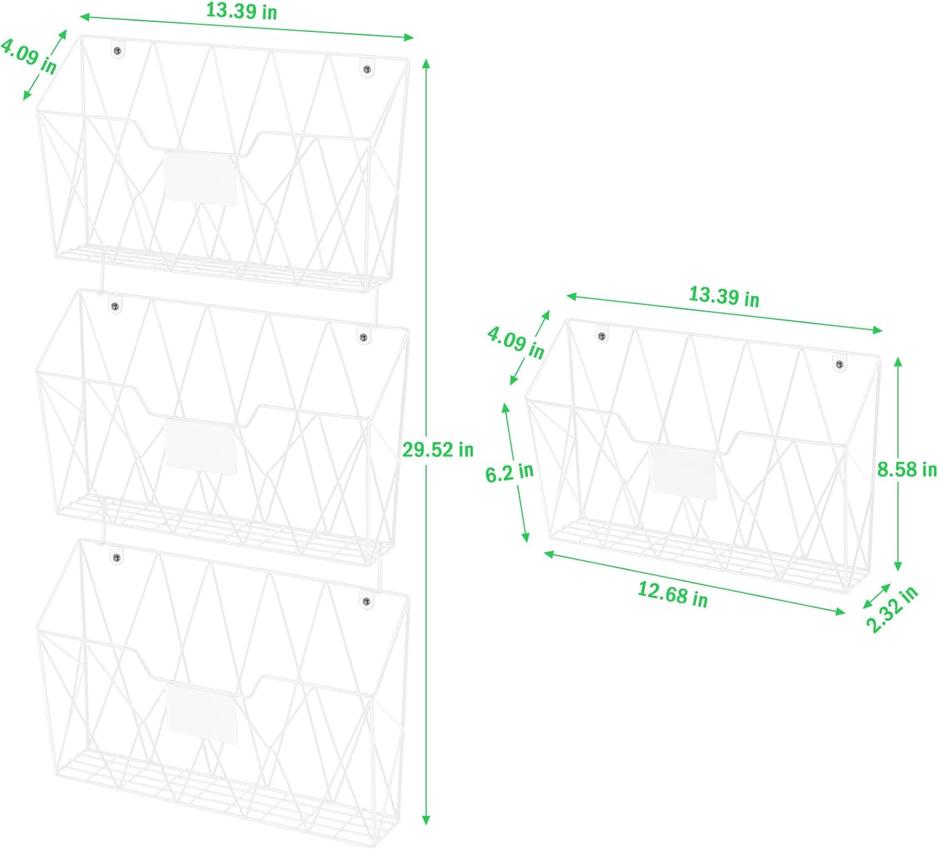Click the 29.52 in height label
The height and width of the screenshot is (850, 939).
(x=438, y=450)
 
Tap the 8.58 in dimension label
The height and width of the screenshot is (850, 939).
(x=906, y=469)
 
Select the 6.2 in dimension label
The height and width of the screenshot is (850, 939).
(x=510, y=473)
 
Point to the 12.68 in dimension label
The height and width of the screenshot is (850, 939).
(x=673, y=595)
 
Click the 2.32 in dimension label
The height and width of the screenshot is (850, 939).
(x=891, y=610)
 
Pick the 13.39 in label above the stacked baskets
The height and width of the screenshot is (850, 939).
(x=242, y=11)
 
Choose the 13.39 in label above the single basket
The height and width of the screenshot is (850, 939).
(x=724, y=296)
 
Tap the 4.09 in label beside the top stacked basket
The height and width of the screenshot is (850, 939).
(x=29, y=56)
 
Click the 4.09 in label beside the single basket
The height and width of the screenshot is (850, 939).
(x=516, y=343)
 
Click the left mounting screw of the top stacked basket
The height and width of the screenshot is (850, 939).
(x=117, y=51)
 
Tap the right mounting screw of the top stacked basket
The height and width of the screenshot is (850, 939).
(x=367, y=69)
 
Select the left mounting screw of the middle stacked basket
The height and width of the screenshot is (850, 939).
(x=115, y=307)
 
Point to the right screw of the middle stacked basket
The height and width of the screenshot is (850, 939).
(x=363, y=337)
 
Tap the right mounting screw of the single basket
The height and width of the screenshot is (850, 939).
(x=839, y=364)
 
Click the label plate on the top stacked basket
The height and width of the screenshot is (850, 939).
(x=200, y=178)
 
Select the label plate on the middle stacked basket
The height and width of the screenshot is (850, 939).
(x=201, y=447)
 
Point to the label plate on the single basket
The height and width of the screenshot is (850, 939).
(x=682, y=473)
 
